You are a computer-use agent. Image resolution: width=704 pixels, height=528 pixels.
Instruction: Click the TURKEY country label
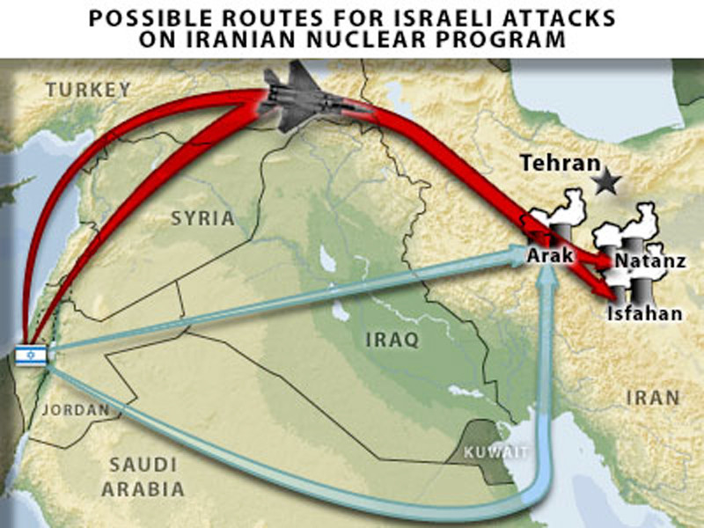[88, 89]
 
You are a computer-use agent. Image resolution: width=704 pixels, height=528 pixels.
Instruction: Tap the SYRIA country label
[202, 217]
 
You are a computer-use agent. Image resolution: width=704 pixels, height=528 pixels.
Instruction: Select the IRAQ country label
[392, 339]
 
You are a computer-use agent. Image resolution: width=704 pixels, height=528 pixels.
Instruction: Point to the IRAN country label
[653, 398]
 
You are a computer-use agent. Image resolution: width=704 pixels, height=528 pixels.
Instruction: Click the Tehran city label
[559, 163]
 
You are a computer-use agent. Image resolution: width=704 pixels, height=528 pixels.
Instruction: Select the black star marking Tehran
[605, 182]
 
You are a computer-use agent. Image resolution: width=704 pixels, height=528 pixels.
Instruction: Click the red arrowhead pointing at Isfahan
[605, 292]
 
